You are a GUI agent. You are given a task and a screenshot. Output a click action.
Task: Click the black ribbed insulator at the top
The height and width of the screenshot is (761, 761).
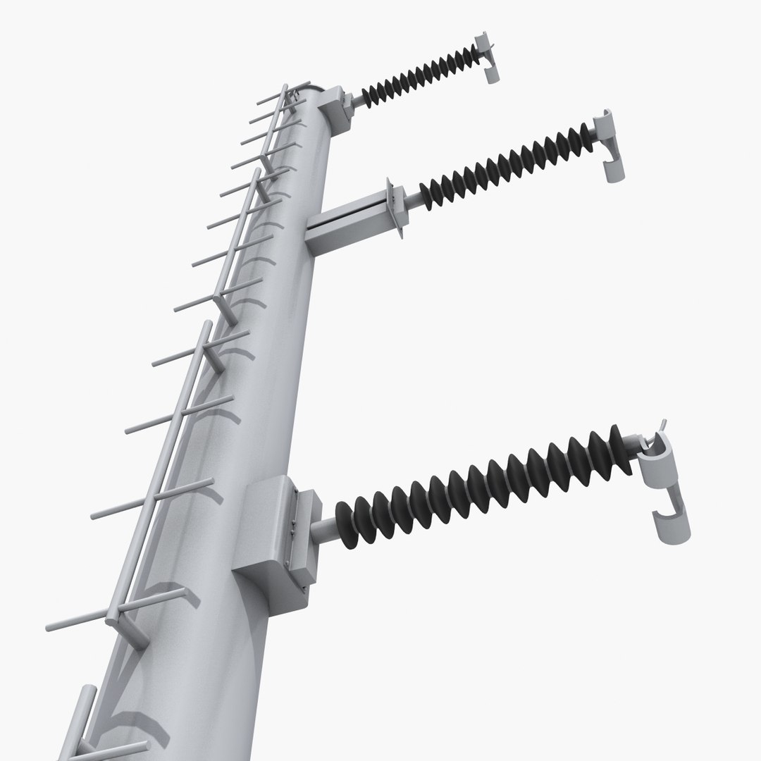[x=420, y=75]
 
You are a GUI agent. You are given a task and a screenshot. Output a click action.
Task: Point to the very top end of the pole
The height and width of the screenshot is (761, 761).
[x=310, y=92]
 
